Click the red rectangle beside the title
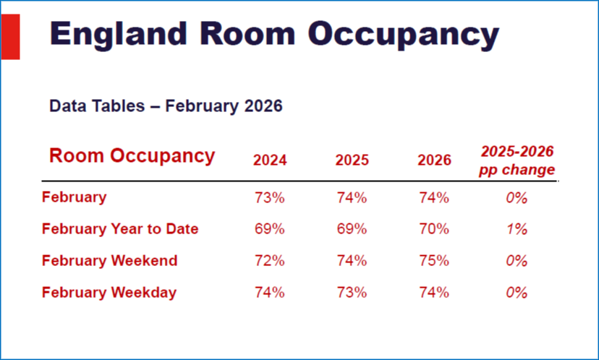coord(10,38)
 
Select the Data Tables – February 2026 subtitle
coord(166,107)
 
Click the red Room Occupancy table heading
coord(132,156)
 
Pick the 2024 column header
coord(270,160)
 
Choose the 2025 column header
coord(352,160)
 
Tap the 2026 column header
coord(434,160)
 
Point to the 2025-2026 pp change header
coord(517,160)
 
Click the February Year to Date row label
coord(120,229)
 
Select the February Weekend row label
coord(109,261)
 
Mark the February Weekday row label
coord(109,293)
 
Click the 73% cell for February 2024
coord(270,197)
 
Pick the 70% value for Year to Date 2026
coord(434,229)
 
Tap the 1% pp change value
coord(517,229)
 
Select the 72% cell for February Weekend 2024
coord(270,261)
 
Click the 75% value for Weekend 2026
coord(434,261)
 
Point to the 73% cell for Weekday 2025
coord(352,293)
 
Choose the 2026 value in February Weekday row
coord(434,293)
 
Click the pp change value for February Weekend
coord(517,261)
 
